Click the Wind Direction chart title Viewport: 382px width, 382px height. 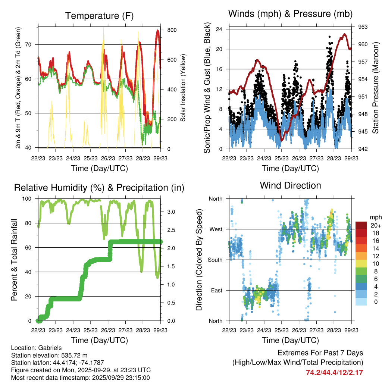pyautogui.click(x=290, y=185)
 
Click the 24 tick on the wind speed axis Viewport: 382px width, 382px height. pyautogui.click(x=219, y=29)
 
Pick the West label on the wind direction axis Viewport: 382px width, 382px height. pyautogui.click(x=215, y=229)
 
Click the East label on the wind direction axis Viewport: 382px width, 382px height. pyautogui.click(x=216, y=290)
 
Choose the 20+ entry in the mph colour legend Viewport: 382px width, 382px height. pyautogui.click(x=373, y=225)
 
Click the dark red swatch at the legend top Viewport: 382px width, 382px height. pyautogui.click(x=361, y=225)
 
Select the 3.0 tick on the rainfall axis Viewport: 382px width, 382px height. pyautogui.click(x=171, y=212)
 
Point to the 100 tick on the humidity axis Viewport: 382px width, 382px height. pyautogui.click(x=28, y=199)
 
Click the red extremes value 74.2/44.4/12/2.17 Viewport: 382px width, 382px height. pyautogui.click(x=335, y=372)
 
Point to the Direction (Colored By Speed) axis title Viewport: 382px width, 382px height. pyautogui.click(x=199, y=260)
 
